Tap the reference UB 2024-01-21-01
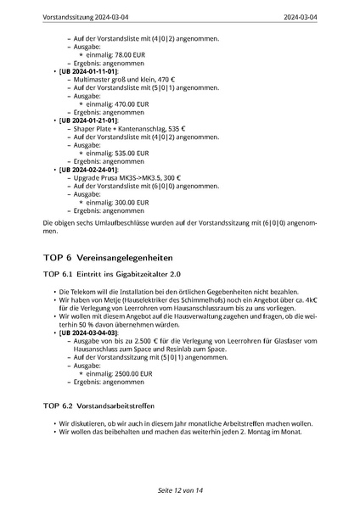pyautogui.click(x=87, y=120)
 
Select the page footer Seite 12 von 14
pyautogui.click(x=180, y=491)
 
